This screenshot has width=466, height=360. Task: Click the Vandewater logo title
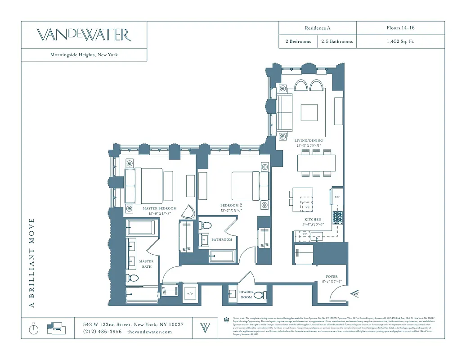pos(84,35)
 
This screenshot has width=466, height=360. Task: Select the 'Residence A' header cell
pos(318,28)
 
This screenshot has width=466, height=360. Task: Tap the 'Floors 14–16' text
pos(400,28)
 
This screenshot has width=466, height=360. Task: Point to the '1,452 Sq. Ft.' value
pos(400,41)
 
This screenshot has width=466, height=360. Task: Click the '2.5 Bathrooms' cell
pos(337,41)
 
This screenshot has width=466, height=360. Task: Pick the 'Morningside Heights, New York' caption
pos(84,55)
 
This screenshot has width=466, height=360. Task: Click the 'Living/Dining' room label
pos(309,140)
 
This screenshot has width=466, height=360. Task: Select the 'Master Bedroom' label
pos(160,209)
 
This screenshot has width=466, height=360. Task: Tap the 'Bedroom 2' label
pos(232,205)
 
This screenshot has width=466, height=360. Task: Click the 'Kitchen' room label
pos(313,220)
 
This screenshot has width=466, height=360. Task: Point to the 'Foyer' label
pos(332,277)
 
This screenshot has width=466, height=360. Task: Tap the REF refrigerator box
pos(337,197)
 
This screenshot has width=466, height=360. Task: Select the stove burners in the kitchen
pos(337,218)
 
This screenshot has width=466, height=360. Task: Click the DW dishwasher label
pos(305,234)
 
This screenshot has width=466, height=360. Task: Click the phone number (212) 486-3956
pos(102,332)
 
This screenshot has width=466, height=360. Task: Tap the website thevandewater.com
pos(150,332)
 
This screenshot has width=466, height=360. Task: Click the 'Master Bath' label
pos(146,264)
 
